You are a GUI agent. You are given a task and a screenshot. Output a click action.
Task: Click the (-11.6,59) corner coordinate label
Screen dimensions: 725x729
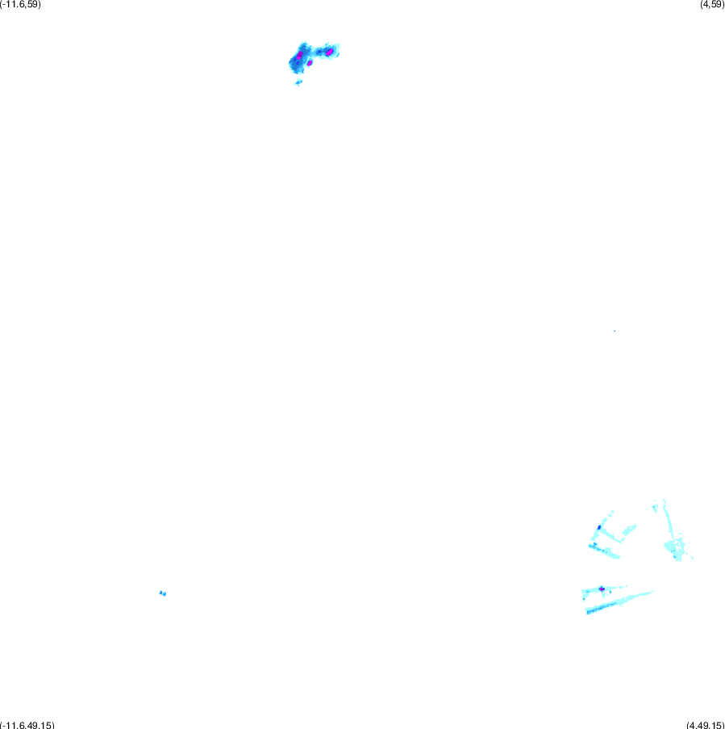[20, 4]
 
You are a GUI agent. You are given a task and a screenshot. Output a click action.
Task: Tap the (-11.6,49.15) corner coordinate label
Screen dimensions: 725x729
[27, 725]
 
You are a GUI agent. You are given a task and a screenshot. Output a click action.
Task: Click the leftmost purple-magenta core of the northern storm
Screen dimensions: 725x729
[299, 56]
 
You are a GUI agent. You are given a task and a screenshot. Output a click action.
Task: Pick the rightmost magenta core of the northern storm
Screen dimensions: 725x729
[330, 52]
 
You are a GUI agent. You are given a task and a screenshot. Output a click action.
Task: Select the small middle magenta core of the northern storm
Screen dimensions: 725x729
[310, 63]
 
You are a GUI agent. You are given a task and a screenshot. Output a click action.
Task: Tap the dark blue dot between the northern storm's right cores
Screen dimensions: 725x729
[319, 52]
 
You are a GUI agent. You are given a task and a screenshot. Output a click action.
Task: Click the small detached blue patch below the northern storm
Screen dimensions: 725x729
[298, 83]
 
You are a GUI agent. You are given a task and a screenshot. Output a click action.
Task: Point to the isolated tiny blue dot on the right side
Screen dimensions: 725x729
[615, 331]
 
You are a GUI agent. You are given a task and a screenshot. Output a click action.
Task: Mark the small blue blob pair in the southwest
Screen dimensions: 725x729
[163, 593]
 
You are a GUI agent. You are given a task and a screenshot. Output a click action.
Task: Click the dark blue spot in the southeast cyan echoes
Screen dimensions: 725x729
[599, 527]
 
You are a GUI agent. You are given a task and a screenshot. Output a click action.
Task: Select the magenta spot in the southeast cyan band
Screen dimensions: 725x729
[602, 589]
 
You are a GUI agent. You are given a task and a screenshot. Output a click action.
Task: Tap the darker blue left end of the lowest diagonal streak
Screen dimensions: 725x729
[592, 611]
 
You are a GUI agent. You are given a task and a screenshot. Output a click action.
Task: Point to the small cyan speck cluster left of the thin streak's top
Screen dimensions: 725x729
[654, 507]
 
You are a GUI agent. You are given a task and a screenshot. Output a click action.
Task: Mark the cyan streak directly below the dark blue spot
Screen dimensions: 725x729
[604, 551]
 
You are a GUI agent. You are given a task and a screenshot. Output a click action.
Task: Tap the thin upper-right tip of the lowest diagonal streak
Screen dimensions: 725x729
[653, 592]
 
